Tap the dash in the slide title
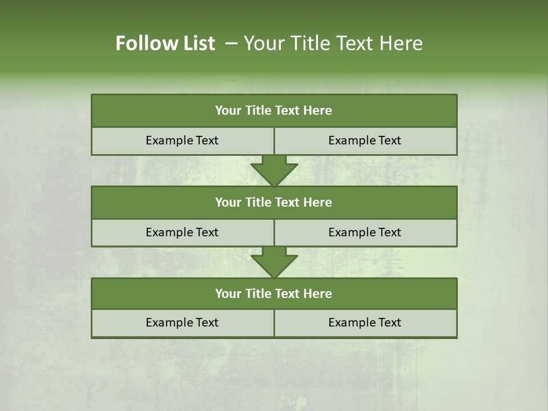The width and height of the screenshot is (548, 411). pyautogui.click(x=231, y=43)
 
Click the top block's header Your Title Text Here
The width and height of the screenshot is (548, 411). pyautogui.click(x=273, y=111)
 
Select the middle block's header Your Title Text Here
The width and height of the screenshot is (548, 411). pyautogui.click(x=273, y=203)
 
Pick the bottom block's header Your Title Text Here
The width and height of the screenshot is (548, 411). pyautogui.click(x=273, y=294)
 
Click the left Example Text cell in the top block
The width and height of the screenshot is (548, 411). pyautogui.click(x=182, y=141)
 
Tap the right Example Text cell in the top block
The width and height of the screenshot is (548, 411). pyautogui.click(x=365, y=141)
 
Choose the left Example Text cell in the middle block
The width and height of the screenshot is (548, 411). pyautogui.click(x=182, y=232)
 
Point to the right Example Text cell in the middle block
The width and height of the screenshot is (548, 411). pyautogui.click(x=365, y=232)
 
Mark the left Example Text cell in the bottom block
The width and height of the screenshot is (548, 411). pyautogui.click(x=182, y=323)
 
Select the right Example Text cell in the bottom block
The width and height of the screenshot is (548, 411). pyautogui.click(x=365, y=323)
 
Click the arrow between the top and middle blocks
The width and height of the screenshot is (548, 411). pyautogui.click(x=274, y=170)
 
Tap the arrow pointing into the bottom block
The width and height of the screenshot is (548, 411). pyautogui.click(x=274, y=262)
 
